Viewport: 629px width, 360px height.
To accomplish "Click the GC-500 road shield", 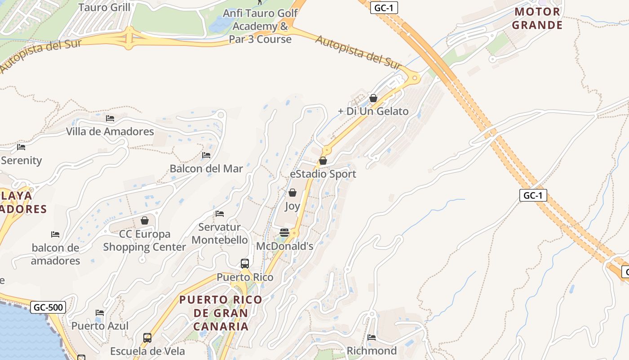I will [48, 308].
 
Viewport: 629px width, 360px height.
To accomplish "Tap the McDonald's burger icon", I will [284, 232].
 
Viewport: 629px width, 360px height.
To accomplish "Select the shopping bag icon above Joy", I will [292, 193].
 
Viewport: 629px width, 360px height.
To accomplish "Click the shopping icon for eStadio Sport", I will [323, 161].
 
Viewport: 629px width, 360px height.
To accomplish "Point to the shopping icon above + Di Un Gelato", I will [373, 98].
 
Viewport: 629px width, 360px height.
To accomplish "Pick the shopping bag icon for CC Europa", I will [145, 220].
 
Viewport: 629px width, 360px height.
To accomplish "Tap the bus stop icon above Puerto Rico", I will [245, 264].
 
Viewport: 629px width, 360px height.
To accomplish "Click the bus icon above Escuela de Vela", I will [147, 337].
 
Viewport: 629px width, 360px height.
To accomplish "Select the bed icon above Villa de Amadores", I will [110, 118].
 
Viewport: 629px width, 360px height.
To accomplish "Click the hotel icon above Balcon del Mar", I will [206, 155].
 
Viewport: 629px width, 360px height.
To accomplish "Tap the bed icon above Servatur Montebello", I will [220, 213].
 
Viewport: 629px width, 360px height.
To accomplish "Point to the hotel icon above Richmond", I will [372, 337].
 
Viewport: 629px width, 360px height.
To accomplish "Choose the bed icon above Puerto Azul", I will [100, 312].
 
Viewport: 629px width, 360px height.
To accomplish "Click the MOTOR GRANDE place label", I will [537, 18].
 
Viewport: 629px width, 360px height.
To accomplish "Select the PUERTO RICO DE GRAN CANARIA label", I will [221, 313].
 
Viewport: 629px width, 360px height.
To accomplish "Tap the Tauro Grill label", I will [104, 7].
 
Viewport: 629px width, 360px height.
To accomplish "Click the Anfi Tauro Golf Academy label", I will [260, 26].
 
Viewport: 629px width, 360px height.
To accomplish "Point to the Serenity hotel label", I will [21, 160].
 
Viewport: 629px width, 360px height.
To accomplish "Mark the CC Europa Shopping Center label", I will [145, 240].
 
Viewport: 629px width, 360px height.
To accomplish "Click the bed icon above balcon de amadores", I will [55, 234].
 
